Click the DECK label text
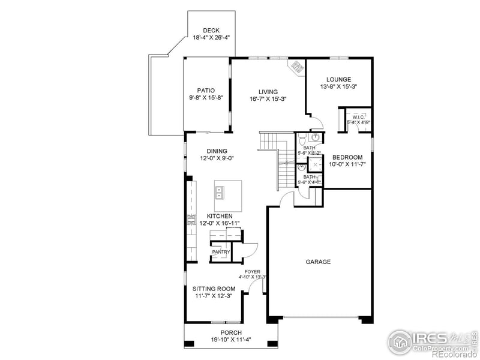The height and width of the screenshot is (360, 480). tap(211, 30)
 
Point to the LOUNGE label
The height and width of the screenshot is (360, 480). tap(338, 79)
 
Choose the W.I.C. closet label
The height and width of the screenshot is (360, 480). tap(358, 117)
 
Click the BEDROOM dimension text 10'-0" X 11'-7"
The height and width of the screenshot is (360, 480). tap(347, 164)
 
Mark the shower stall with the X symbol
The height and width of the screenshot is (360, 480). tap(315, 164)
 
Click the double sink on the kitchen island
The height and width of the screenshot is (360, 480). tap(219, 193)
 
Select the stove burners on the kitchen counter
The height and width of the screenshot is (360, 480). tap(191, 220)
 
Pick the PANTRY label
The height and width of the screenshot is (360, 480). tap(221, 252)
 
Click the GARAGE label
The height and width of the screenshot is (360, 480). tap(318, 262)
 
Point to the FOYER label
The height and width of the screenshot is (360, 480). tap(252, 271)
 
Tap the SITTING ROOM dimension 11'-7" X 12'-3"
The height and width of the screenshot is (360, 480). tap(213, 296)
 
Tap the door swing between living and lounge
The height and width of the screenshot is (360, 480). tap(316, 123)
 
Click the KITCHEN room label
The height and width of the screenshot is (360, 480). tap(219, 216)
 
